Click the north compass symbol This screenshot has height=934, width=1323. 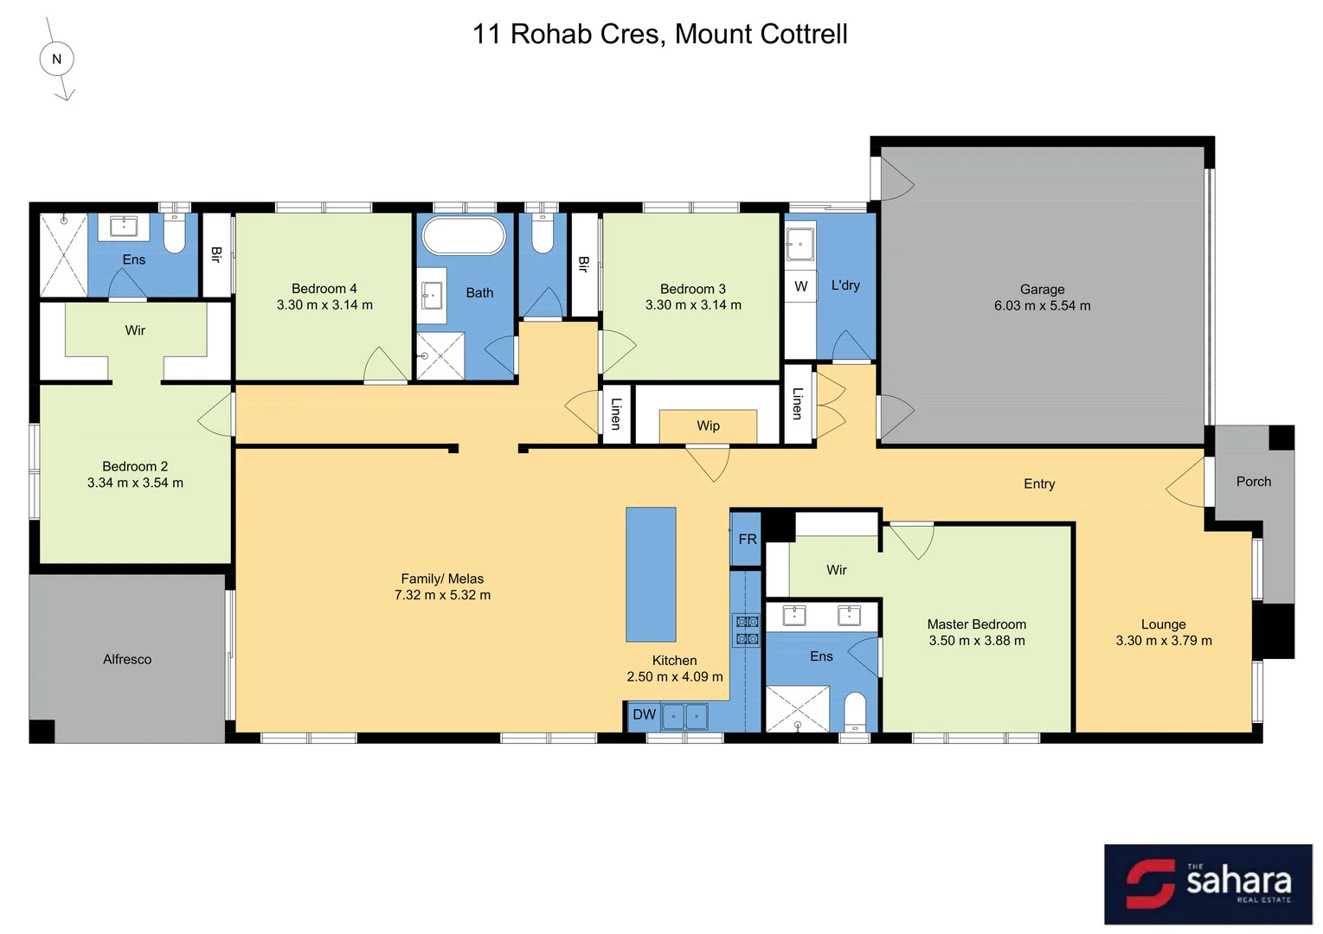pos(57,60)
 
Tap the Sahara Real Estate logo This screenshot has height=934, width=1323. pos(1208,884)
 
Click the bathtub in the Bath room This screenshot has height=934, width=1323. pos(463,236)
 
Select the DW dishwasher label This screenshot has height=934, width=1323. pos(644,715)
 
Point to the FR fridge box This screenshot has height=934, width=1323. pos(747,540)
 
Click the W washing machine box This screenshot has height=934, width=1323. pos(801,286)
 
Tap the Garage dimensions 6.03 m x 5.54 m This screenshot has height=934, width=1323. pos(1042,306)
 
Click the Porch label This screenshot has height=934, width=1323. pos(1253,482)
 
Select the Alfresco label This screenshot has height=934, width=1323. pos(127,659)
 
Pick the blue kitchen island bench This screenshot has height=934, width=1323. pos(651,574)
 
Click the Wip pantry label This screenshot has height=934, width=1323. pos(708,425)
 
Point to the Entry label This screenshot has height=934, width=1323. pos(1039,484)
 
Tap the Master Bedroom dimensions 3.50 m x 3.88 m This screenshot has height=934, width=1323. pos(977,641)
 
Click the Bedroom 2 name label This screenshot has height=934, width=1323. pos(135,466)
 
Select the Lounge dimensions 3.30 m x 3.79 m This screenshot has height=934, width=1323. pos(1164,641)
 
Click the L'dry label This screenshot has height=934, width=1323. pos(845,285)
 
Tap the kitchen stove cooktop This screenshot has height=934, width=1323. pos(747,630)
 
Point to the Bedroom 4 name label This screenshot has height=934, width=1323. pos(324,289)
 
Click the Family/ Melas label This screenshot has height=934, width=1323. pos(442,579)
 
